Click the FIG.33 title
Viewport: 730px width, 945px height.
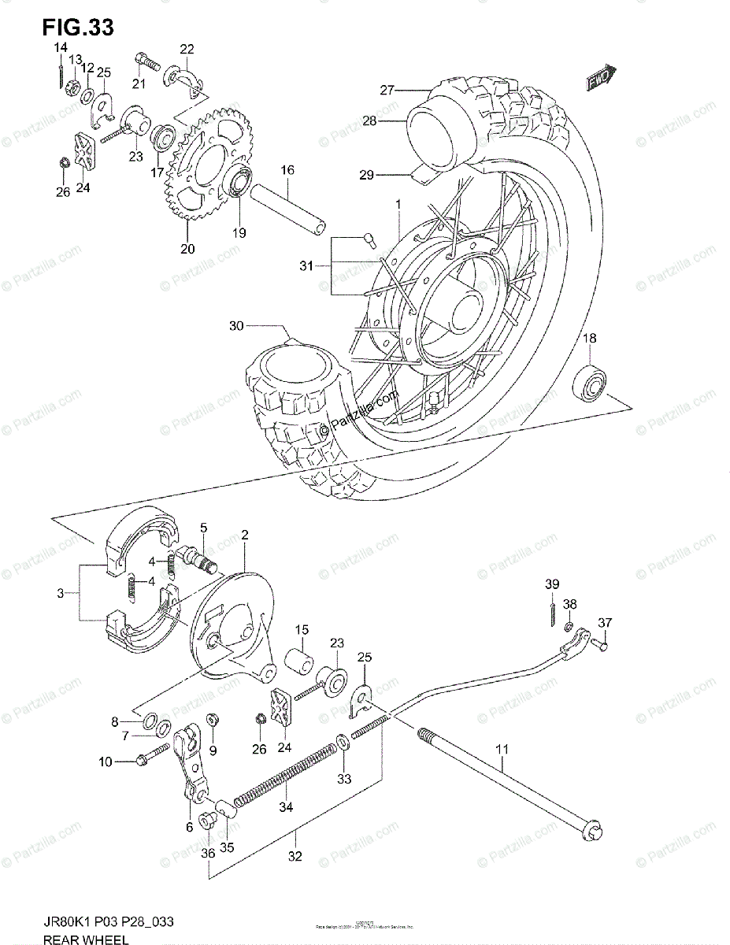click(78, 26)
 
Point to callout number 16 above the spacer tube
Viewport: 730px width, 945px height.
click(287, 170)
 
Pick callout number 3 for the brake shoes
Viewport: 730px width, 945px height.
click(60, 594)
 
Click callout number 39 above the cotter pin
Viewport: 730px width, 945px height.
click(553, 583)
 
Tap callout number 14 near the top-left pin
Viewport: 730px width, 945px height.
click(60, 49)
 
